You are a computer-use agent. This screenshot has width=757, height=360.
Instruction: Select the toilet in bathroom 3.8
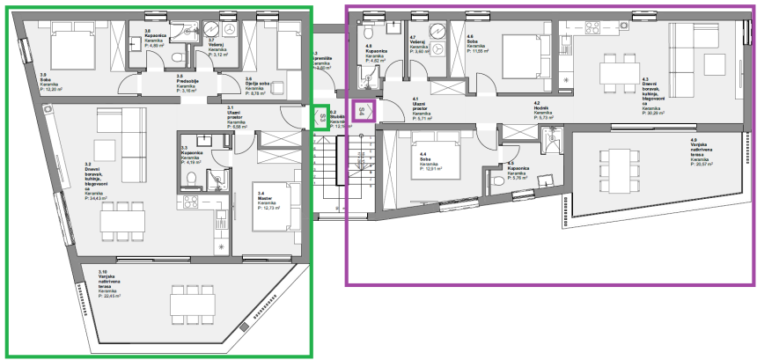179,58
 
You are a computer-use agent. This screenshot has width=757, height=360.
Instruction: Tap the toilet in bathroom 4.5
499,180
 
